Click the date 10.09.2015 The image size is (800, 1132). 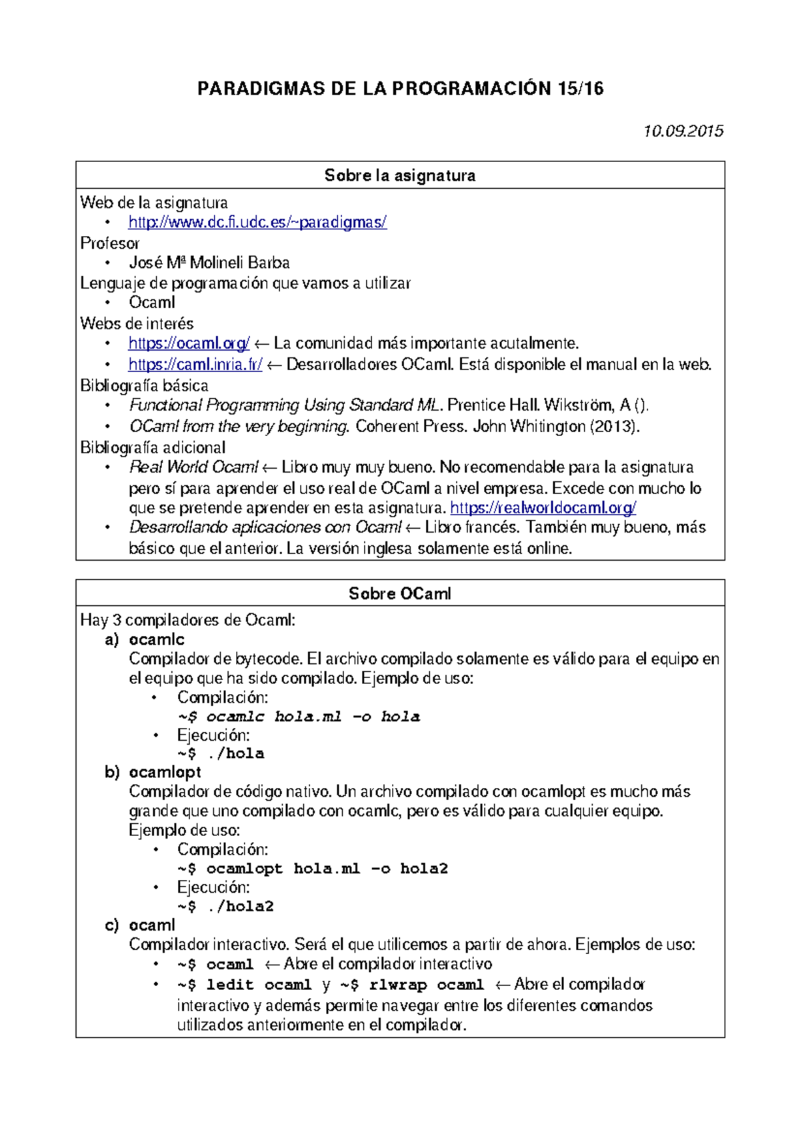pyautogui.click(x=683, y=131)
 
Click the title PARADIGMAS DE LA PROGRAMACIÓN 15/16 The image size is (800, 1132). pyautogui.click(x=400, y=89)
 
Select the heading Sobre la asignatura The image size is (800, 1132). pyautogui.click(x=400, y=175)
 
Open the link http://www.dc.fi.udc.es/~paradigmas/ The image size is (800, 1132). pyautogui.click(x=257, y=222)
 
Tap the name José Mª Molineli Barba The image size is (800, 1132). pyautogui.click(x=209, y=263)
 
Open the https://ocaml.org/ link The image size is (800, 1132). pyautogui.click(x=189, y=343)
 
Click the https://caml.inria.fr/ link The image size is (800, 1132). pyautogui.click(x=195, y=365)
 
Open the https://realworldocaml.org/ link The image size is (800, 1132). pyautogui.click(x=543, y=508)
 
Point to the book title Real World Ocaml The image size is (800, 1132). pyautogui.click(x=193, y=467)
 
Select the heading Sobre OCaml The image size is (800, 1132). pyautogui.click(x=400, y=593)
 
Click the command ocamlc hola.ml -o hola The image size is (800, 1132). pyautogui.click(x=313, y=717)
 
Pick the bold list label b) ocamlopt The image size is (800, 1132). pyautogui.click(x=153, y=772)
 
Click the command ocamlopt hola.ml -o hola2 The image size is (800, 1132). pyautogui.click(x=327, y=869)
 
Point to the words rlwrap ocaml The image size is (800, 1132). pyautogui.click(x=427, y=985)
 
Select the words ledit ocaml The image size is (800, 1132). pyautogui.click(x=259, y=985)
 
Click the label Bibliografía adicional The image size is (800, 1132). pyautogui.click(x=153, y=447)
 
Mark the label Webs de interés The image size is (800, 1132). pyautogui.click(x=137, y=323)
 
